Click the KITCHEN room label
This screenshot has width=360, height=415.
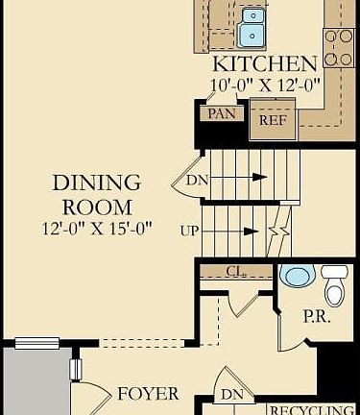tap(264, 64)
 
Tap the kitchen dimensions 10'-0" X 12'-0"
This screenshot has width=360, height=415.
tap(264, 84)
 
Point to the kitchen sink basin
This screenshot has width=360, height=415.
tap(253, 27)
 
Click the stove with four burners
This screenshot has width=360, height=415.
tap(339, 47)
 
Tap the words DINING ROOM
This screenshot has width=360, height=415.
tap(96, 193)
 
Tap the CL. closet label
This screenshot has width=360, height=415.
tap(235, 272)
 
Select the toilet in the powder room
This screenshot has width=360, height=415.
tap(334, 285)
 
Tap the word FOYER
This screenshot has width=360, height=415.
tap(147, 394)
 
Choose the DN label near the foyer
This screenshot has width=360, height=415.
tap(231, 394)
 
